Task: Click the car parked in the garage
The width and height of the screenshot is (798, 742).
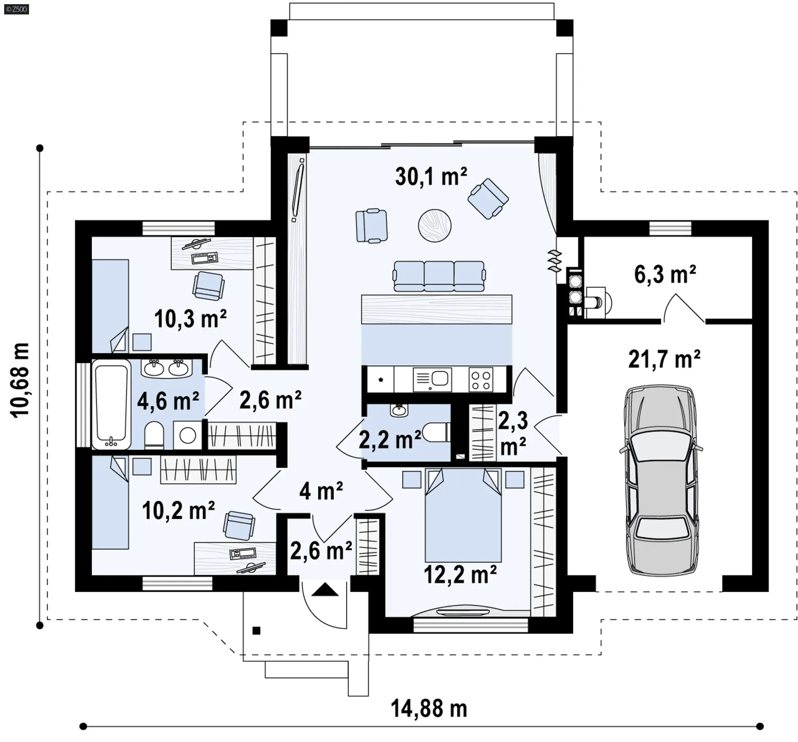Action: [661, 481]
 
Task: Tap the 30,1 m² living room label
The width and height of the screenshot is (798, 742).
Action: [431, 177]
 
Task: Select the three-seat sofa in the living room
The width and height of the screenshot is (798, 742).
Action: [439, 276]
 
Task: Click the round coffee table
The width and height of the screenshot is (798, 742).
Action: [434, 225]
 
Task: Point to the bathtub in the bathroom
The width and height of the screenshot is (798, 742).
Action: [111, 404]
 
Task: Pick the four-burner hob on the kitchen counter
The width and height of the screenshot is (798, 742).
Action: [481, 379]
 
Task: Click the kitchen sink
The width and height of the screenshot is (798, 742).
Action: [432, 379]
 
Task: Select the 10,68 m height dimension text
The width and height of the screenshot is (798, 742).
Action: [20, 380]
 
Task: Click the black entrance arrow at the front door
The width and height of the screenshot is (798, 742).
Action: [325, 590]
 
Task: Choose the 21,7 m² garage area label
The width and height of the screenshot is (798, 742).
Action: [664, 359]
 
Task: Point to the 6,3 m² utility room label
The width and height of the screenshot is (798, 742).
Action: [665, 274]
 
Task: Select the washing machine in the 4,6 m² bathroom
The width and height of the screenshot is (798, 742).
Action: [187, 435]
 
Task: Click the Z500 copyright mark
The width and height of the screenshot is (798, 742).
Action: [17, 9]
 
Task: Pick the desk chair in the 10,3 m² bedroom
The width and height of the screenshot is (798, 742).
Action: [208, 286]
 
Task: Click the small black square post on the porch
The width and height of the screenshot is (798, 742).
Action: [256, 631]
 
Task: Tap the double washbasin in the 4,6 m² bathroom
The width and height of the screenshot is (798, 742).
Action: [167, 368]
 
